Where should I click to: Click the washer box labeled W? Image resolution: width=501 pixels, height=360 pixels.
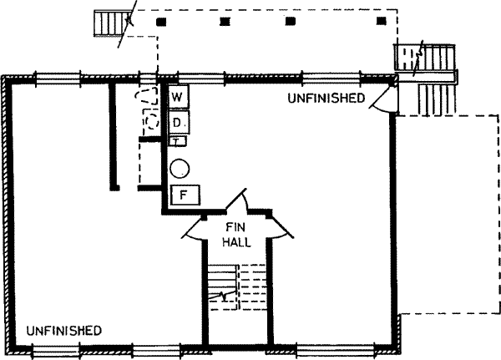click(178, 98)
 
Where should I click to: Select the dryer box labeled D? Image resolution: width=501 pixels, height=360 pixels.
click(178, 124)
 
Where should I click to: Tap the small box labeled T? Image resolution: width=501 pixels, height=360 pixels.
click(177, 141)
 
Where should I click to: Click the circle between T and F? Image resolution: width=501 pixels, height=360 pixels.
click(180, 168)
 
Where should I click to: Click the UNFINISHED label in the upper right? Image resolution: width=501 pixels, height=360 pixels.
click(326, 99)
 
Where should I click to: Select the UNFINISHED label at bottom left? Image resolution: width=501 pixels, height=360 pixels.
click(64, 330)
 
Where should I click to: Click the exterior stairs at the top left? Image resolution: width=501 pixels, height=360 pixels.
click(109, 23)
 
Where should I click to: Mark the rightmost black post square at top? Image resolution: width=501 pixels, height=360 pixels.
click(382, 21)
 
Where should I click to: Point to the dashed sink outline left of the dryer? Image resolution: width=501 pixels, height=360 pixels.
click(150, 122)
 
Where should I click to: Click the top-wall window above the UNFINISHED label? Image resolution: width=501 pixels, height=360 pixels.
click(326, 78)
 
